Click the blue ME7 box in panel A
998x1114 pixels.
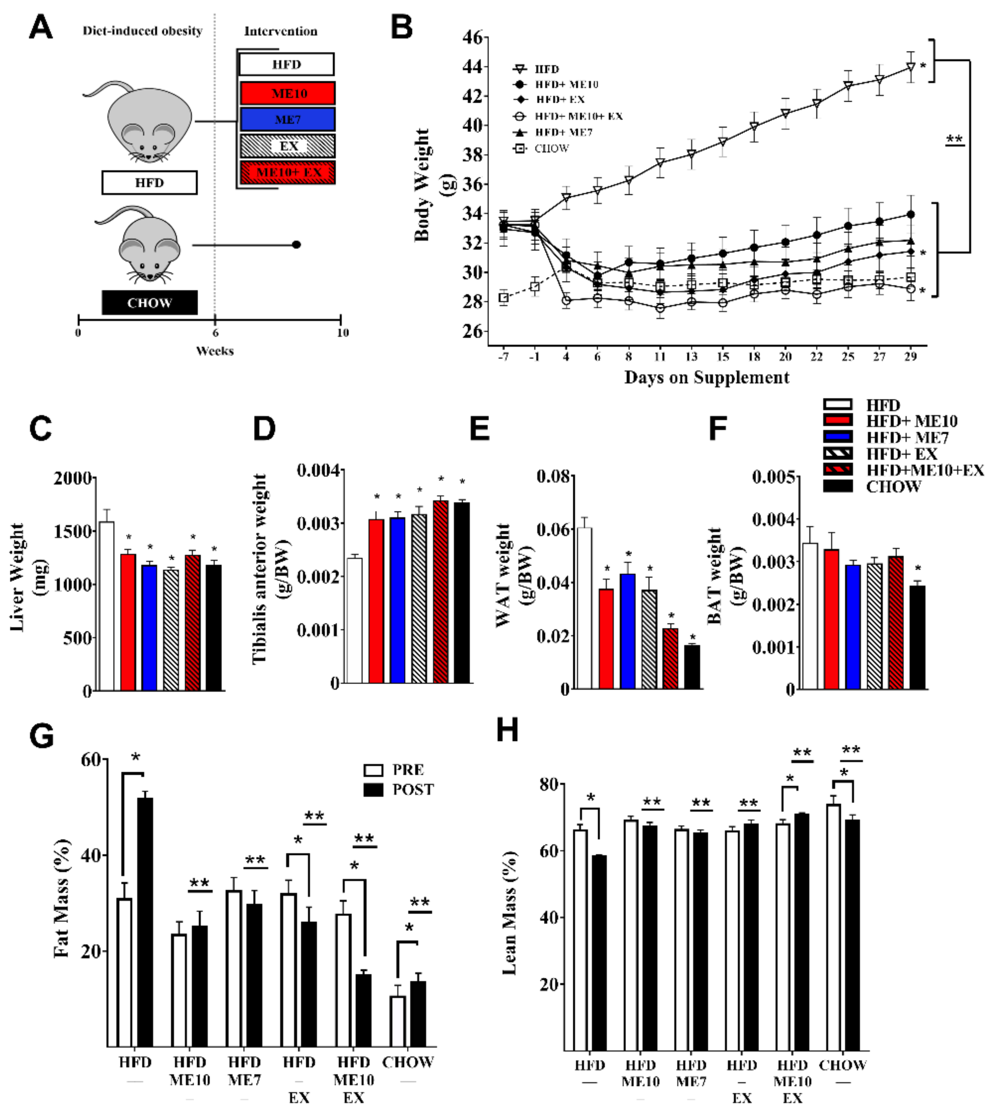[x=287, y=120]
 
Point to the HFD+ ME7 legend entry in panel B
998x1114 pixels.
[x=563, y=132]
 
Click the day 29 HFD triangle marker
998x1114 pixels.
[x=910, y=67]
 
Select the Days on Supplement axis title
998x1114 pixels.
[x=706, y=378]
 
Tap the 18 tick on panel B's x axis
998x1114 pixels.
[x=754, y=357]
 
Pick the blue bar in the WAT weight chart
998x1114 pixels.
[x=628, y=630]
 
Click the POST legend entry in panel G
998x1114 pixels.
[x=412, y=790]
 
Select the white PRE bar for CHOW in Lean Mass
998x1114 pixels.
[x=834, y=926]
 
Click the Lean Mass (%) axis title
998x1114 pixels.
[x=509, y=912]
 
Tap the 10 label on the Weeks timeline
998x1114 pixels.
[x=343, y=333]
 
